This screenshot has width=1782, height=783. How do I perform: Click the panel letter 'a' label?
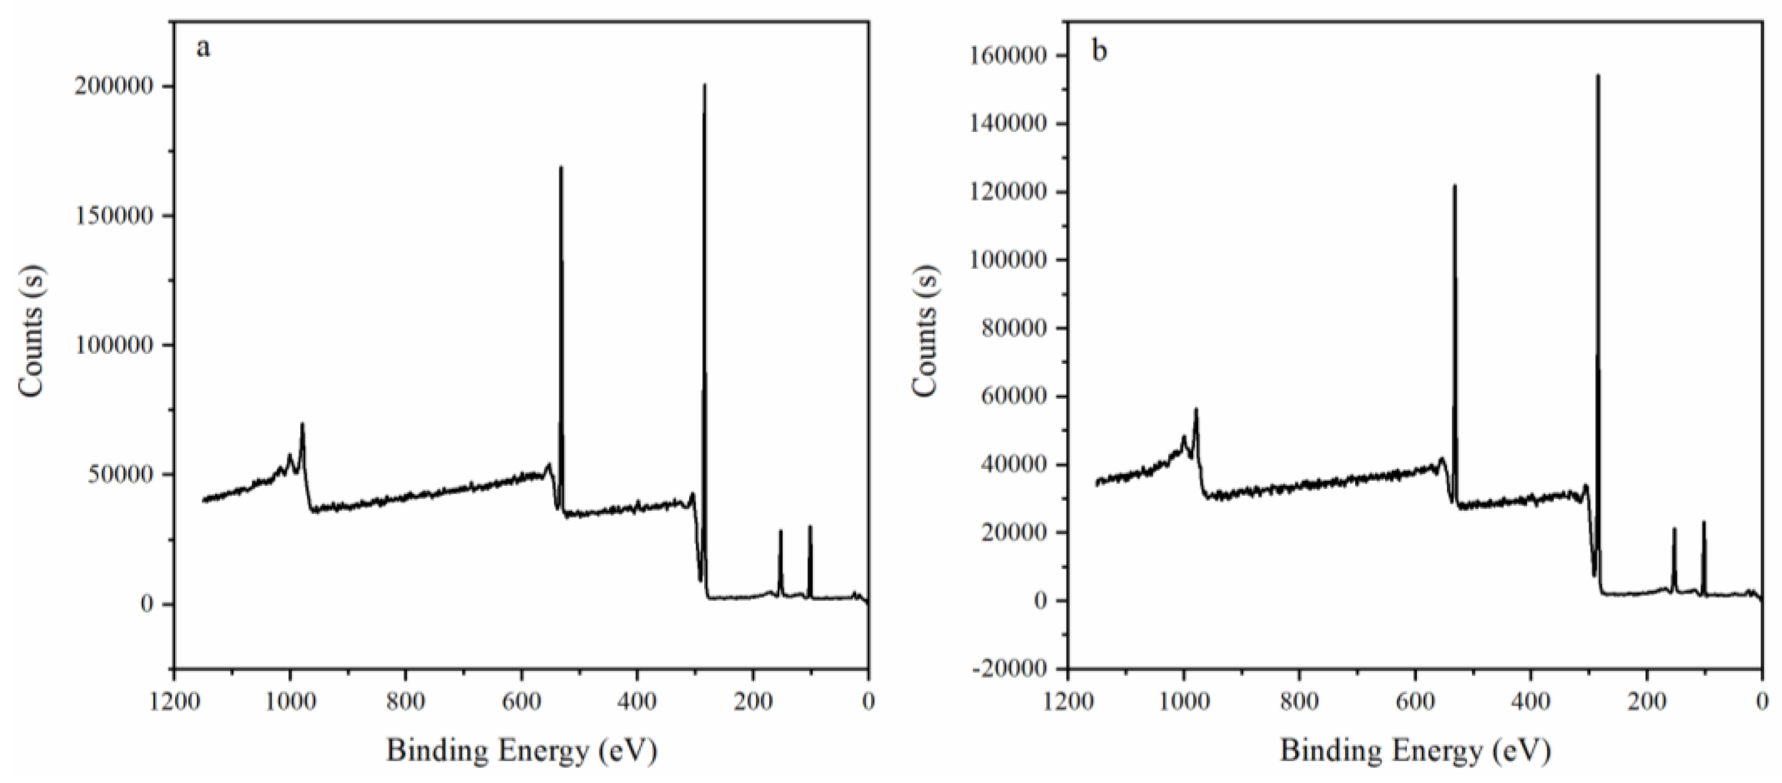(203, 48)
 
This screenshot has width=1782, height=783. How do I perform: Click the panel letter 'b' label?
(1099, 51)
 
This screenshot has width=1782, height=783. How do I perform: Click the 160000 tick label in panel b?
(1009, 56)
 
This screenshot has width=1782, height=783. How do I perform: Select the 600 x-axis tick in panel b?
(1415, 701)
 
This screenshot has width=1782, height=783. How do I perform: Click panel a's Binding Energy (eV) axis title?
(521, 750)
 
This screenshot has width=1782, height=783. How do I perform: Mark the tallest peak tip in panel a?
(704, 86)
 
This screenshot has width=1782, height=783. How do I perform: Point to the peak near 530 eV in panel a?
(560, 167)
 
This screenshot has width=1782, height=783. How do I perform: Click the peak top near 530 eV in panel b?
(1454, 186)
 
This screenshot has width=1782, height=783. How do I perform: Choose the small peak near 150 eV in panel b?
(1674, 529)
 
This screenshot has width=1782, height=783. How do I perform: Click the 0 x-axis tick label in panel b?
(1762, 701)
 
